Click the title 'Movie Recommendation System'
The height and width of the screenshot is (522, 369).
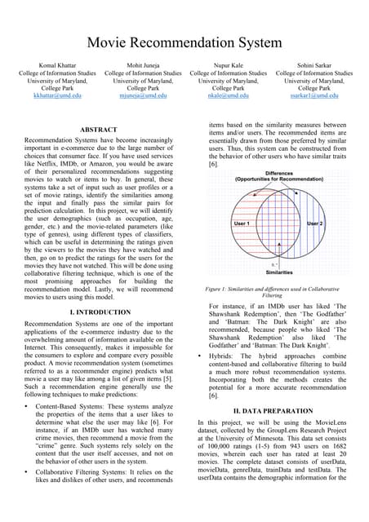coord(184,42)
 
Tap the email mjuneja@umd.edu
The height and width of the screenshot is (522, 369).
coord(138,95)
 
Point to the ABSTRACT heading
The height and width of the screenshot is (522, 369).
coord(99,130)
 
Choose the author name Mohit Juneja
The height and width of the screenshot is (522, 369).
coord(138,64)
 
